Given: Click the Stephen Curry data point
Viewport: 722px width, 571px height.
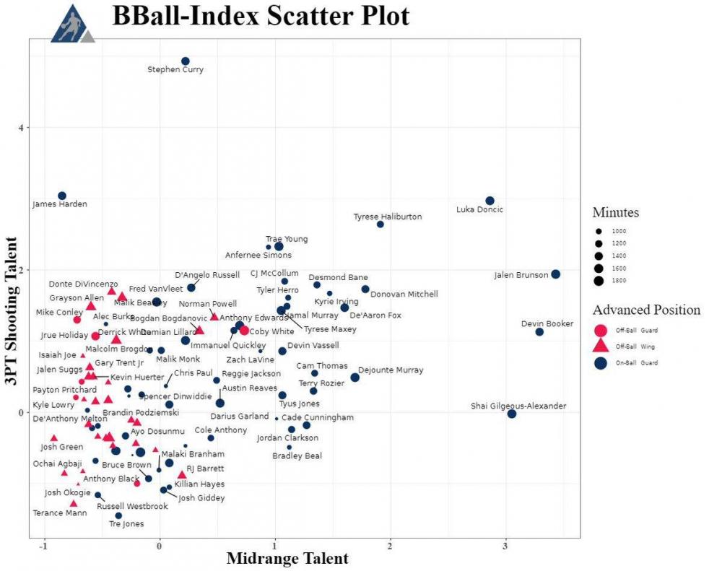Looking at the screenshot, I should click(x=186, y=61).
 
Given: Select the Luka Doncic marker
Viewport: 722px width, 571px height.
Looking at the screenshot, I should click(x=490, y=201).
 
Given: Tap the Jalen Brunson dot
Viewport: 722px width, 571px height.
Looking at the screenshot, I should click(x=555, y=274).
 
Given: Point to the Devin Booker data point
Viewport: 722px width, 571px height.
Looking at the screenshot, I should click(x=539, y=331).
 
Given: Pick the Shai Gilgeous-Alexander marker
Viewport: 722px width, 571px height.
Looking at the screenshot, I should click(x=512, y=414).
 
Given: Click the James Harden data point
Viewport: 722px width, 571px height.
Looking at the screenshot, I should click(x=62, y=196).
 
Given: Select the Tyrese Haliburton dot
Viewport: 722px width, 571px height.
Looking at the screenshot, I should click(x=380, y=225).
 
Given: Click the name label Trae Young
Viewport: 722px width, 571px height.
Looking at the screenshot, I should click(x=287, y=239).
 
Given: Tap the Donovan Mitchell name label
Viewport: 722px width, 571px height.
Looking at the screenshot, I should click(x=404, y=295).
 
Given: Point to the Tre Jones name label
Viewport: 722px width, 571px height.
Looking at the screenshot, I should click(x=126, y=524).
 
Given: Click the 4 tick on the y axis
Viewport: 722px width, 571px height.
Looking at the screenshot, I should click(x=22, y=128).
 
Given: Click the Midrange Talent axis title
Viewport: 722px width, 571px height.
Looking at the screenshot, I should click(x=287, y=559).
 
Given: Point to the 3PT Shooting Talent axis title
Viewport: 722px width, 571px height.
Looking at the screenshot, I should click(x=12, y=301).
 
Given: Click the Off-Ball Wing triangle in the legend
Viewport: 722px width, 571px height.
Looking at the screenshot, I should click(x=600, y=346).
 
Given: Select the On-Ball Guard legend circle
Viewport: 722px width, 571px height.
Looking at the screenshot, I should click(x=600, y=363).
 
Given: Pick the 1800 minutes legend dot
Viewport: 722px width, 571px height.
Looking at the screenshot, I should click(x=600, y=280).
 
